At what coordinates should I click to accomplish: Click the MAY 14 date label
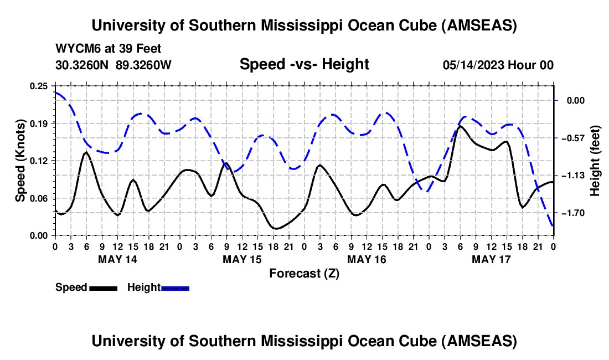pyautogui.click(x=117, y=259)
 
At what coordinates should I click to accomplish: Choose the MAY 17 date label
pyautogui.click(x=491, y=259)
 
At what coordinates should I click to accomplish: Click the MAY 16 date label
pyautogui.click(x=367, y=259)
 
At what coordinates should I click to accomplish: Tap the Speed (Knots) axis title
pyautogui.click(x=20, y=160)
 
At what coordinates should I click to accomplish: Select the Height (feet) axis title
pyautogui.click(x=595, y=161)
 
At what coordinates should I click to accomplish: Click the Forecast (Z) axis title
pyautogui.click(x=304, y=273)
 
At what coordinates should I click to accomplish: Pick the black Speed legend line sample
pyautogui.click(x=103, y=287)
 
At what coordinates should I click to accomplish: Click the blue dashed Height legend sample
pyautogui.click(x=175, y=287)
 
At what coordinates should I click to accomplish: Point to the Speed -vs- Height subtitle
pyautogui.click(x=304, y=64)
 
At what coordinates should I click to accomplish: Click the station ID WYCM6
pyautogui.click(x=73, y=49)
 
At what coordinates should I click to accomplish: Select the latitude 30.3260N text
pyautogui.click(x=83, y=65)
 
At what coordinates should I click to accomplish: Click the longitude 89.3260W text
pyautogui.click(x=144, y=65)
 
